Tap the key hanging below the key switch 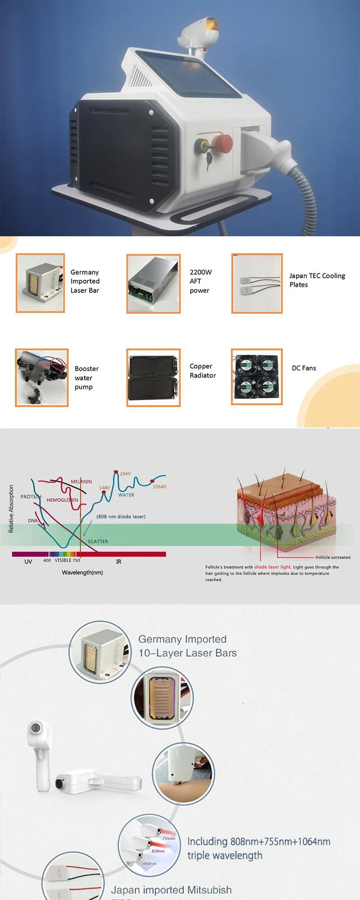pyautogui.click(x=209, y=161)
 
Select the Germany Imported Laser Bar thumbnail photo pyautogui.click(x=40, y=283)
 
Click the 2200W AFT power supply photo pyautogui.click(x=153, y=283)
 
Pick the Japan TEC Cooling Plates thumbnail pyautogui.click(x=257, y=283)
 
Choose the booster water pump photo pyautogui.click(x=42, y=378)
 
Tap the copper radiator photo pyautogui.click(x=153, y=378)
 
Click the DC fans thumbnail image pyautogui.click(x=257, y=377)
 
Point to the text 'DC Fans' pyautogui.click(x=304, y=368)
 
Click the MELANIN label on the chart pyautogui.click(x=81, y=481)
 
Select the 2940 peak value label pyautogui.click(x=125, y=473)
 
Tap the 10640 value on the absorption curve pyautogui.click(x=159, y=486)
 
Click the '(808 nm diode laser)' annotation pyautogui.click(x=121, y=516)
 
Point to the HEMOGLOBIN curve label pyautogui.click(x=62, y=500)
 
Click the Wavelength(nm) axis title pyautogui.click(x=82, y=572)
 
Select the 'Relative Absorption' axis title pyautogui.click(x=11, y=508)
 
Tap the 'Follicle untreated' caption pyautogui.click(x=333, y=557)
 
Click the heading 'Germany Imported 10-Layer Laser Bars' pyautogui.click(x=187, y=646)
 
